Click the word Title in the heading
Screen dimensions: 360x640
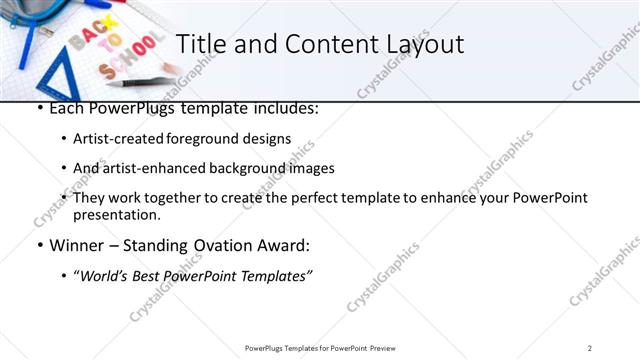pyautogui.click(x=200, y=44)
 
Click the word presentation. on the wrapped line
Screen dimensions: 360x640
pyautogui.click(x=116, y=214)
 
